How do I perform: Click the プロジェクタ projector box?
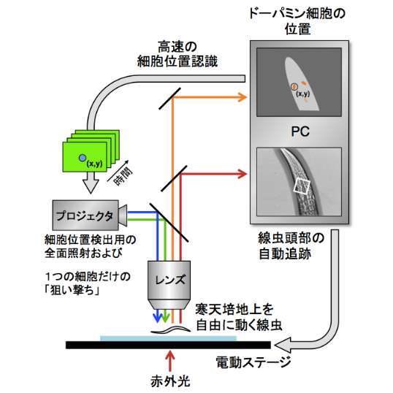pos(85,215)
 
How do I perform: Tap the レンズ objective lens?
pos(169,285)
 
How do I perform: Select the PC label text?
pos(300,131)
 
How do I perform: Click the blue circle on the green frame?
pos(83,158)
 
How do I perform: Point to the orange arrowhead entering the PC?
pos(243,97)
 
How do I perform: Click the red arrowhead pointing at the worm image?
pos(243,174)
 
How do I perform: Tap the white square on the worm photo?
pos(302,187)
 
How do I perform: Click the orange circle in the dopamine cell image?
pos(294,86)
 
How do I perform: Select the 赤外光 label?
pos(170,381)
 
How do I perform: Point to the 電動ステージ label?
pos(253,362)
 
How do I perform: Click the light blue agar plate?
pos(168,338)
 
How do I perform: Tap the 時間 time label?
pos(123,176)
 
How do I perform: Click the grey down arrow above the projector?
pos(91,183)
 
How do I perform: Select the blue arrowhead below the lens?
pos(158,317)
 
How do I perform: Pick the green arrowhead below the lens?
pos(165,317)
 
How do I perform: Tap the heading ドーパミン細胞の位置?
pos(297,21)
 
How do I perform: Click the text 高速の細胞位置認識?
pos(178,54)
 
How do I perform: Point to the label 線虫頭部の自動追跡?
pos(291,246)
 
